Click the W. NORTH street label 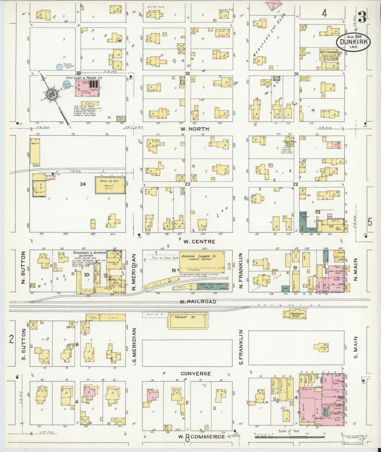[195, 129]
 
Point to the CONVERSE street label [196, 373]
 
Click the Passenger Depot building [294, 314]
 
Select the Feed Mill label [290, 142]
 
